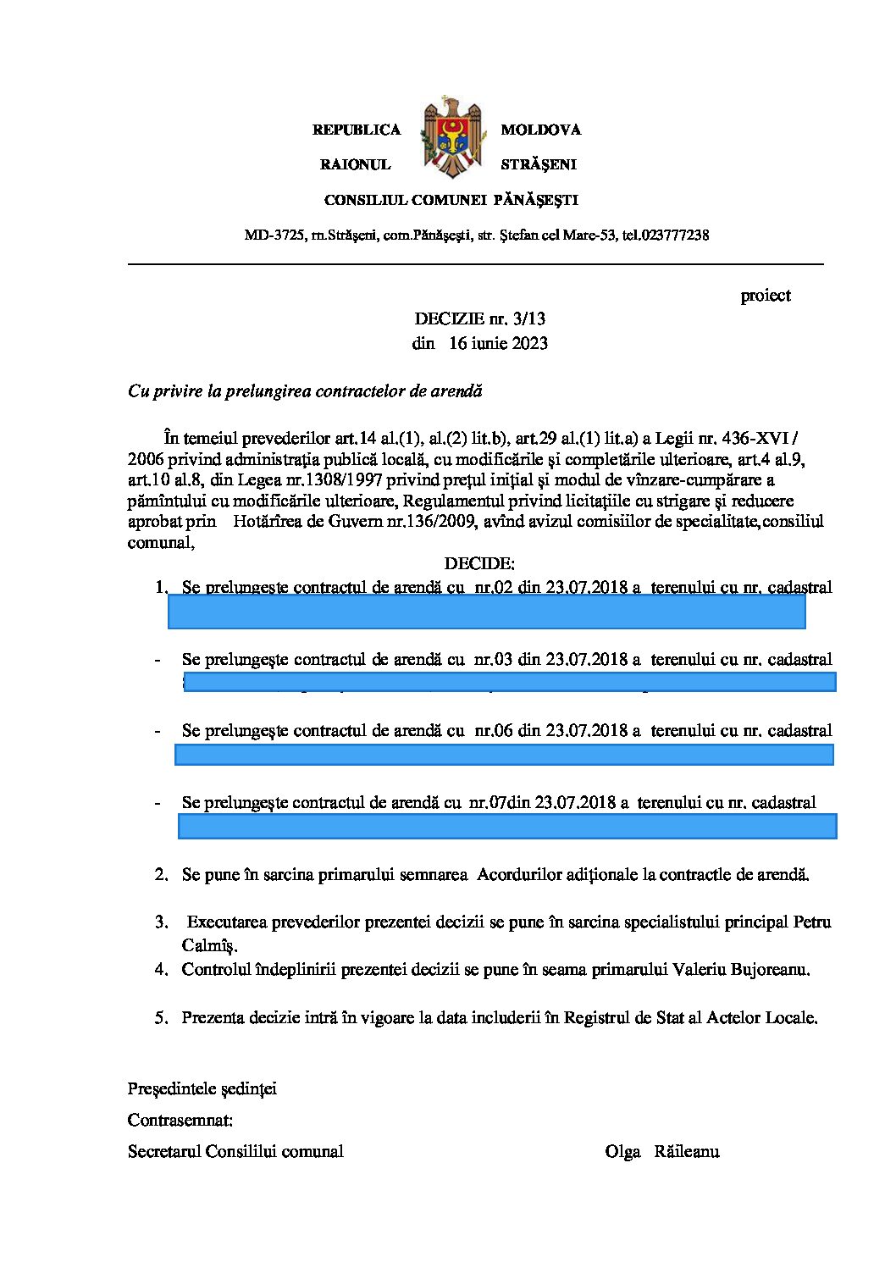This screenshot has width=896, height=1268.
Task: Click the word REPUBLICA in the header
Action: pyautogui.click(x=356, y=130)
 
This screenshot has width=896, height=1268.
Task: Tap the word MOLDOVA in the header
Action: pyautogui.click(x=540, y=130)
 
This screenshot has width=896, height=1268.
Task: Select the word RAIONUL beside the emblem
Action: pyautogui.click(x=355, y=164)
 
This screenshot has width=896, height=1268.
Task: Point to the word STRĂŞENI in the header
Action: pyautogui.click(x=538, y=164)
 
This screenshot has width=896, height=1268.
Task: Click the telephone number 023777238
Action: pyautogui.click(x=676, y=235)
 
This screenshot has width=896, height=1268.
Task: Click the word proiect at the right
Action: pyautogui.click(x=765, y=296)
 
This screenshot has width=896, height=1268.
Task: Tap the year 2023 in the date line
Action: pyautogui.click(x=528, y=343)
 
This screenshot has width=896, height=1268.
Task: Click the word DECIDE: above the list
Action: pyautogui.click(x=479, y=563)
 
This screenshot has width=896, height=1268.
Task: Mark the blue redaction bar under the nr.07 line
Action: pyautogui.click(x=506, y=826)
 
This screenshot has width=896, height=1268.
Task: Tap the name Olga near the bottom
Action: pyautogui.click(x=622, y=1151)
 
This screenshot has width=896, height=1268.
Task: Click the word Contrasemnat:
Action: pyautogui.click(x=180, y=1120)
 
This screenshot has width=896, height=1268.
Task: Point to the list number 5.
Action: pyautogui.click(x=161, y=1018)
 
